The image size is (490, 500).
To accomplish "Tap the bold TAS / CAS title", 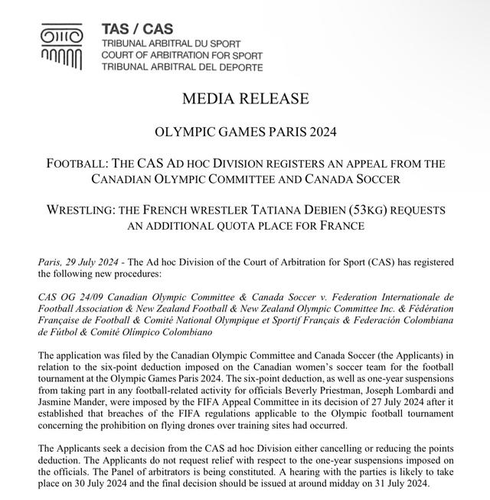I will point(126,29).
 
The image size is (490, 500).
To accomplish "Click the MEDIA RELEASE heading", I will point(245,99).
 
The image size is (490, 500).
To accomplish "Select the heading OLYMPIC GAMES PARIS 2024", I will point(245,131).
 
